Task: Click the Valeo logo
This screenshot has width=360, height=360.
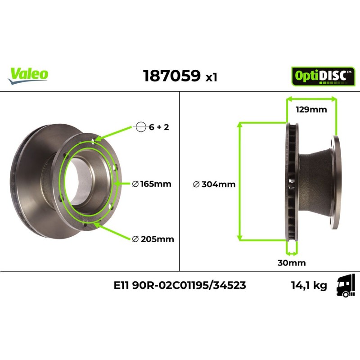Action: coord(28,74)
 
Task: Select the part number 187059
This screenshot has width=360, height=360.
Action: coord(171,76)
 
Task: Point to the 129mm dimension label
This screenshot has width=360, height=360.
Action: coord(311,109)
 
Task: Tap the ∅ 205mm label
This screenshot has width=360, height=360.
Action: coord(153,239)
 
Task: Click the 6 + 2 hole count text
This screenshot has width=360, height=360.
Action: coord(159,127)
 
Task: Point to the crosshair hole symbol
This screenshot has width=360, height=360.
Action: coord(141,127)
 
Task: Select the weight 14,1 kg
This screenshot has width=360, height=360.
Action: coord(309,285)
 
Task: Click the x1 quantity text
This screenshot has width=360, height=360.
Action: coord(211,77)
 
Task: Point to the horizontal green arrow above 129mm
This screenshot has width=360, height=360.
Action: coord(311,99)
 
